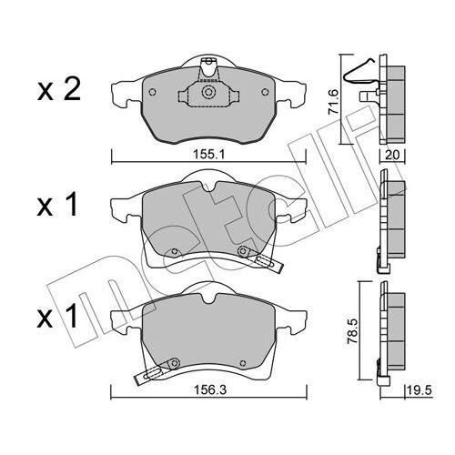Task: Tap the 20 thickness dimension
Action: pyautogui.click(x=393, y=156)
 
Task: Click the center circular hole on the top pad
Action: pyautogui.click(x=209, y=91)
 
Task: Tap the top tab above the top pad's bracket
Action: pyautogui.click(x=208, y=64)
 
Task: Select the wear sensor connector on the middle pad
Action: pyautogui.click(x=268, y=263)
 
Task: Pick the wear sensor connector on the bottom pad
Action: pyautogui.click(x=149, y=371)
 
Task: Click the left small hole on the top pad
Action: pyautogui.click(x=152, y=93)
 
